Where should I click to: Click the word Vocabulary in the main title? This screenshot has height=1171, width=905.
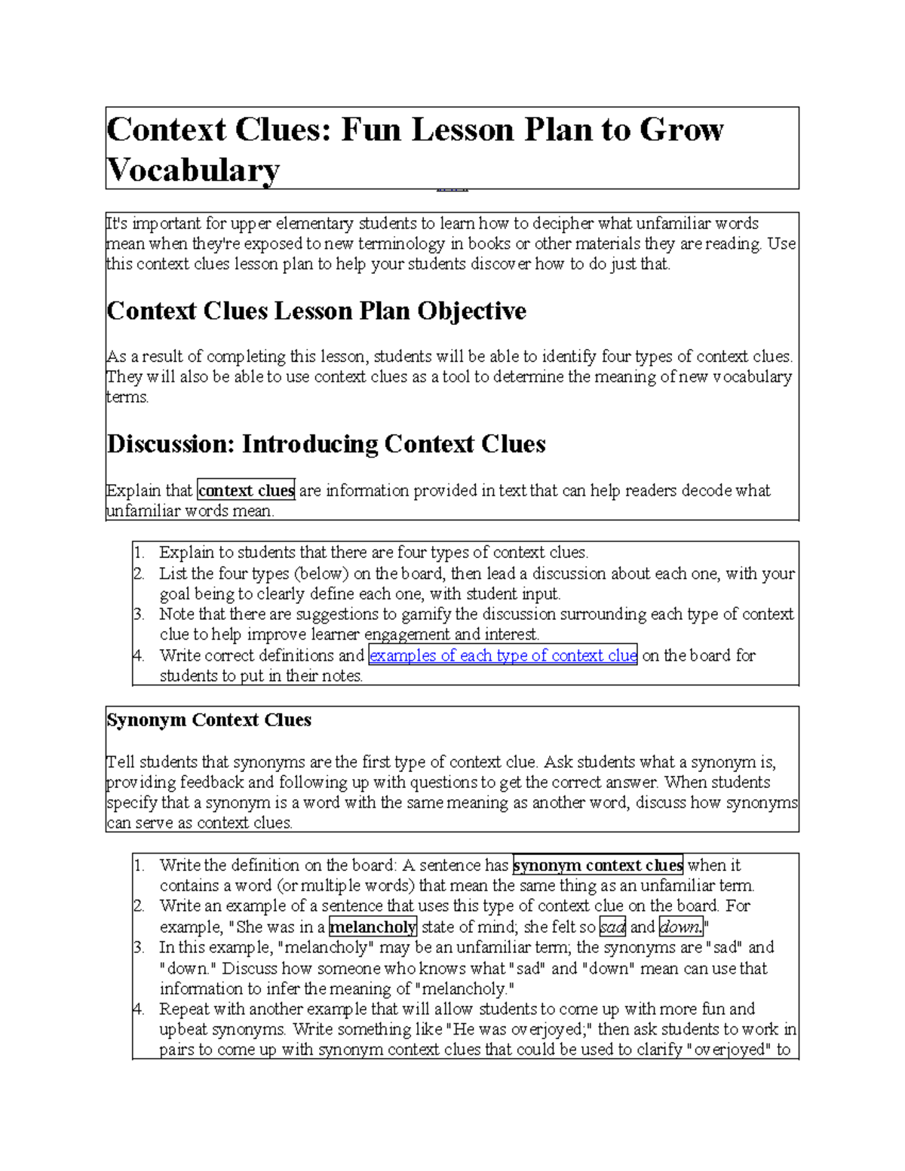(193, 170)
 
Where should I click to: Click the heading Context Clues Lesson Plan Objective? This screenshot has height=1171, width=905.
(316, 311)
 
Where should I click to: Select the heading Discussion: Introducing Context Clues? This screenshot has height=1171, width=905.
(326, 443)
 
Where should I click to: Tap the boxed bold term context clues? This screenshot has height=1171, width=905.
(246, 490)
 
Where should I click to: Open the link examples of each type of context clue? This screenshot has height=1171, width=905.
(502, 655)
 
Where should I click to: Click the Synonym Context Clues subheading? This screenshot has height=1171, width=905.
(209, 720)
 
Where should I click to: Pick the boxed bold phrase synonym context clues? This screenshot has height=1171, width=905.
(597, 865)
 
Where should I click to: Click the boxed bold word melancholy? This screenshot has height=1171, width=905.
(373, 927)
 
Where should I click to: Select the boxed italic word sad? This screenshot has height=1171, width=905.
(612, 927)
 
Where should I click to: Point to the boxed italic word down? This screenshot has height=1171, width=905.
(680, 927)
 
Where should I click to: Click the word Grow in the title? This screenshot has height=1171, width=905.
(681, 130)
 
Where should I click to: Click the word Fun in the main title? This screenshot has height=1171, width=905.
(370, 130)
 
